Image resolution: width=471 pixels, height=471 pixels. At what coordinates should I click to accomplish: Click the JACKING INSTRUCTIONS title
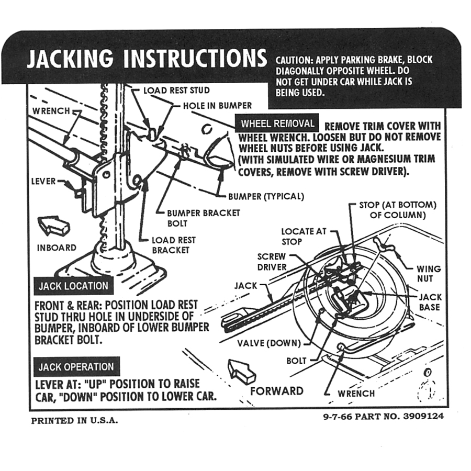coord(147,59)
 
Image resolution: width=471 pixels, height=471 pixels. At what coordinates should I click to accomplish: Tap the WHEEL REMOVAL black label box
coord(277,124)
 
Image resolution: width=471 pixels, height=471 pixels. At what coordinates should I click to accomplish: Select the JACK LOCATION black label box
coord(73,286)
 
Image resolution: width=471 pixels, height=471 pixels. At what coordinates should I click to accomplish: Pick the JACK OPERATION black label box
coord(76,367)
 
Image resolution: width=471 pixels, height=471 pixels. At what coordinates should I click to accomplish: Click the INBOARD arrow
coord(54,225)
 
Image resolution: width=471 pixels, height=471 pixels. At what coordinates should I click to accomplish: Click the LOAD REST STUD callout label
coord(176,91)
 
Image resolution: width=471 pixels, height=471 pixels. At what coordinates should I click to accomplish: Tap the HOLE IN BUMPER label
coord(217,106)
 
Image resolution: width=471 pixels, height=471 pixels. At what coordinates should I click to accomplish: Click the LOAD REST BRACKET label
coord(174,245)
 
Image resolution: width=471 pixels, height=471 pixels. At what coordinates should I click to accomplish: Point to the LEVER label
coord(44,182)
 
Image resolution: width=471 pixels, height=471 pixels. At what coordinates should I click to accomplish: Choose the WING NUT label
coord(429,274)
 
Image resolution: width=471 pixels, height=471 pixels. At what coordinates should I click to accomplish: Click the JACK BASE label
coord(430,302)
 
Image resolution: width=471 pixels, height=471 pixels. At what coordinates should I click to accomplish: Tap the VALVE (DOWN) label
coord(269,343)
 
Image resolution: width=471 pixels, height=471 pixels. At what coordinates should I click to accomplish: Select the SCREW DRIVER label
coord(272,262)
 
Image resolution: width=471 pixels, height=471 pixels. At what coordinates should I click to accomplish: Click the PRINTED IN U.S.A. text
coord(74,420)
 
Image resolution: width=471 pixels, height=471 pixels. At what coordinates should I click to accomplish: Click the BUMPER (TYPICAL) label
coord(266,197)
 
